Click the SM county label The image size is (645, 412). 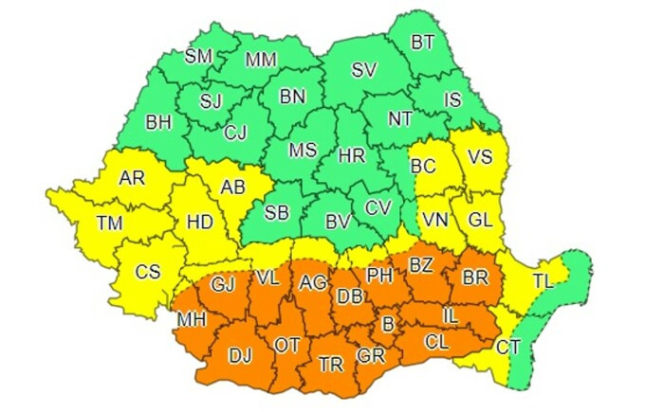click(x=198, y=56)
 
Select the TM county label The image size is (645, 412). click(x=110, y=224)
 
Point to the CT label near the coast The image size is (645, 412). click(x=508, y=347)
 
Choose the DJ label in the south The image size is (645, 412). click(x=241, y=355)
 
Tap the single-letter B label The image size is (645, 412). click(x=386, y=325)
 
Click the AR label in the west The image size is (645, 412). click(x=132, y=177)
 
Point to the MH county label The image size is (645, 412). click(x=192, y=321)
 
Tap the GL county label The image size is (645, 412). click(x=481, y=220)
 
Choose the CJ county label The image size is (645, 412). click(x=234, y=133)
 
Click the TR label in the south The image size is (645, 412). click(x=331, y=365)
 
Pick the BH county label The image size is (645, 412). click(x=157, y=121)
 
